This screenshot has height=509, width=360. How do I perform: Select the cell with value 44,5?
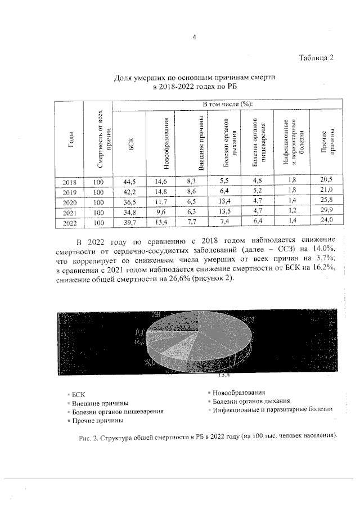coord(130,182)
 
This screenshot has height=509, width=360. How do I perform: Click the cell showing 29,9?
coord(327,212)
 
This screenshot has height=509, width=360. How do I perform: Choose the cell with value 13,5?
coord(224,212)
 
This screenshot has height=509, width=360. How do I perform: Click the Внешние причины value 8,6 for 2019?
coord(192,192)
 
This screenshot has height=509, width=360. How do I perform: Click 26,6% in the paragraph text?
coord(179,281)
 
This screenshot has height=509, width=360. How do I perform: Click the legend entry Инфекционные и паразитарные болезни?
coord(272,411)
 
